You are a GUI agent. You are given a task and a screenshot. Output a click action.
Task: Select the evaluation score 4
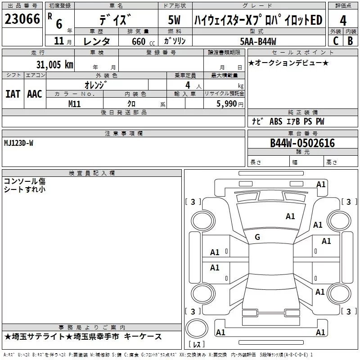pyautogui.click(x=343, y=21)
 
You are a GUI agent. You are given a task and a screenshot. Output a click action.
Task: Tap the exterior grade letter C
pyautogui.click(x=335, y=40)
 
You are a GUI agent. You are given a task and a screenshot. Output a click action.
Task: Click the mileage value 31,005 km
pyautogui.click(x=54, y=64)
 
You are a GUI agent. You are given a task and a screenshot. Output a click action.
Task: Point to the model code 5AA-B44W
pyautogui.click(x=258, y=41)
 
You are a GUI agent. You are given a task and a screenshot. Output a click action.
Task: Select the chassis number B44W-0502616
pyautogui.click(x=302, y=143)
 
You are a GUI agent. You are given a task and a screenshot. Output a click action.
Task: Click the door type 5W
pyautogui.click(x=175, y=20)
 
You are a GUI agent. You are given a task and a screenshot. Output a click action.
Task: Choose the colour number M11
pyautogui.click(x=75, y=103)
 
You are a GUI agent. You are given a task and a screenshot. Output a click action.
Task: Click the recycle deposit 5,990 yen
pyautogui.click(x=229, y=104)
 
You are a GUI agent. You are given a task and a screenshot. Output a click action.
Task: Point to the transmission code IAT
pyautogui.click(x=13, y=94)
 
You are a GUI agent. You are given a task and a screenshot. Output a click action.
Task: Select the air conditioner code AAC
pyautogui.click(x=34, y=94)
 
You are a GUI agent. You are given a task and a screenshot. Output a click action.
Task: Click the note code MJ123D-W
pyautogui.click(x=18, y=143)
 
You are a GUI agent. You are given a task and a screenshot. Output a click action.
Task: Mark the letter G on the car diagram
pyautogui.click(x=257, y=237)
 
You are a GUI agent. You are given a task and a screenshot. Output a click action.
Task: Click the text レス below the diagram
pyautogui.click(x=197, y=345)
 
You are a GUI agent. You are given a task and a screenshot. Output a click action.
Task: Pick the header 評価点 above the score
pyautogui.click(x=343, y=5)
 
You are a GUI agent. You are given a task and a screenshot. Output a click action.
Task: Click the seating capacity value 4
pyautogui.click(x=187, y=85)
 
